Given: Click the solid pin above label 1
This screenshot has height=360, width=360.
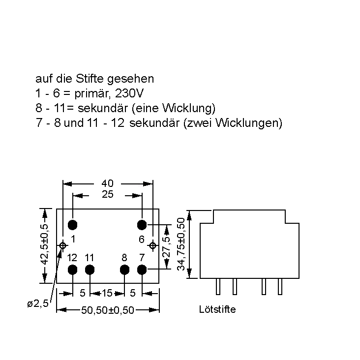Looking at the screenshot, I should [x=73, y=225].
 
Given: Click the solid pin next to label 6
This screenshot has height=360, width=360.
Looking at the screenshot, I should [x=142, y=225].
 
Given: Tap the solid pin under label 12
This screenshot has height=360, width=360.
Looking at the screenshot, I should [x=73, y=270].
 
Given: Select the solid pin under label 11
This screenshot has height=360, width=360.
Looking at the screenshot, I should [x=90, y=270].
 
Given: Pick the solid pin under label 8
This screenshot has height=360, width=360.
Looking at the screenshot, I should [x=125, y=270].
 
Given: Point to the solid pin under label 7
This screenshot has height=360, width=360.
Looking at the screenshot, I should [x=142, y=270].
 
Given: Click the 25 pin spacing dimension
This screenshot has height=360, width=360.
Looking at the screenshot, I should [x=108, y=194].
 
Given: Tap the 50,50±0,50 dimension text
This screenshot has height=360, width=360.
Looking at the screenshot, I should [x=108, y=310].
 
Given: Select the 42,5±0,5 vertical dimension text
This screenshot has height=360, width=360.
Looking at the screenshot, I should [x=45, y=244].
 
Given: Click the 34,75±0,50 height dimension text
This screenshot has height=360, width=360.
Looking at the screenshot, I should [x=181, y=244].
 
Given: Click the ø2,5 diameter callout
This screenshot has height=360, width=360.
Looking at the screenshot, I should [x=38, y=303].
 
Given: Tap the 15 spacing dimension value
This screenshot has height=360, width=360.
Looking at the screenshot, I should [x=107, y=293].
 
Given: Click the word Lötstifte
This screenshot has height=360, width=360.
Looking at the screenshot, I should [x=217, y=309].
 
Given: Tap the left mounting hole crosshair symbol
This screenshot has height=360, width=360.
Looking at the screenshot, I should [x=62, y=245].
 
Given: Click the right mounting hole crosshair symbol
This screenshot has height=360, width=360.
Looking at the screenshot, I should [x=152, y=245].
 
